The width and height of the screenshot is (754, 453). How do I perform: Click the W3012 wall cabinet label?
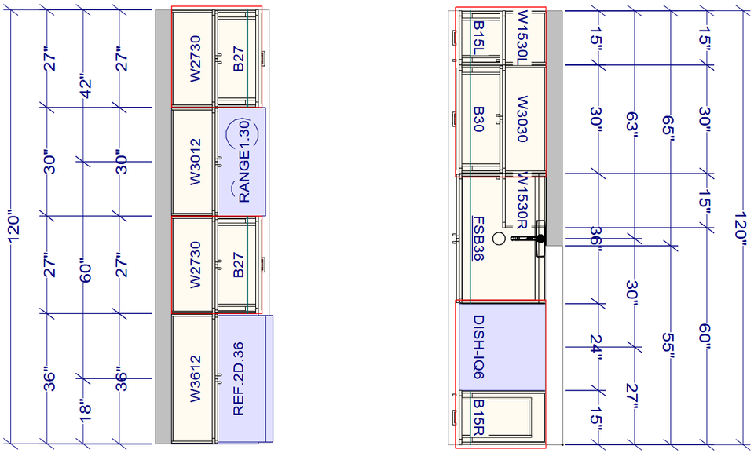point(195,161)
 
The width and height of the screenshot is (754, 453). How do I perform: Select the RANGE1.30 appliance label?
point(243,162)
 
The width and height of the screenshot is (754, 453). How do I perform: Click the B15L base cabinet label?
point(478,38)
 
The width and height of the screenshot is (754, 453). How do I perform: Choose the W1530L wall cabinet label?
point(523,37)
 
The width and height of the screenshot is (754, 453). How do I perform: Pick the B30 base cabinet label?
point(478,119)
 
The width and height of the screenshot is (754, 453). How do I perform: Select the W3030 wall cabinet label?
point(523,119)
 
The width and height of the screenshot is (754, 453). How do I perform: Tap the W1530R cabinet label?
point(523,203)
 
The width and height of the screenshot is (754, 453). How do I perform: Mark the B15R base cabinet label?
point(478,418)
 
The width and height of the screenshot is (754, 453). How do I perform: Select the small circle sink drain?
point(498,238)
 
